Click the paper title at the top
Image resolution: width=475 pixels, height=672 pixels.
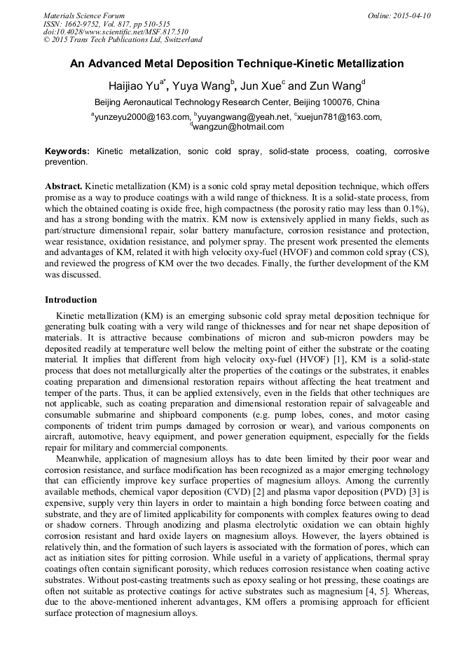coord(237,64)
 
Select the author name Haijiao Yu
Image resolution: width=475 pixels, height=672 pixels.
coord(134,87)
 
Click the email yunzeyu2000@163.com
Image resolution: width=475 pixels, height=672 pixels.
coord(142,117)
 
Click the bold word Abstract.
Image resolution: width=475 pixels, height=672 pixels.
coord(64,187)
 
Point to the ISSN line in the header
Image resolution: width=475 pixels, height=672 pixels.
coord(106,24)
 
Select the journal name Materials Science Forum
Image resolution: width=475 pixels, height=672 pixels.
coord(84,15)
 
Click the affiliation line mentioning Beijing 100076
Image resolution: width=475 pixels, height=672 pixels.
coord(237,102)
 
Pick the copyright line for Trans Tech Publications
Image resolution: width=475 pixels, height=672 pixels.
coord(123,41)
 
